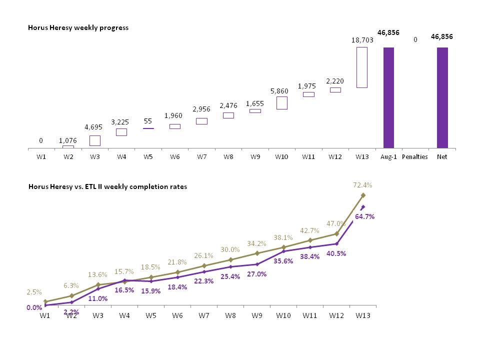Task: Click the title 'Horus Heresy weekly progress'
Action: pos(78,27)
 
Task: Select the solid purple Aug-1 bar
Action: pos(388,97)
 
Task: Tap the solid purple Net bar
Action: pos(442,97)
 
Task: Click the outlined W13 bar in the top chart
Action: pos(362,67)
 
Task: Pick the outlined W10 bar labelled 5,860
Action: pos(281,103)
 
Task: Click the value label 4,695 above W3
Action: pos(94,128)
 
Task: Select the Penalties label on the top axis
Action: pos(415,156)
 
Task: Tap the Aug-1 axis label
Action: pos(388,156)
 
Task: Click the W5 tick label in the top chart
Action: pos(148,156)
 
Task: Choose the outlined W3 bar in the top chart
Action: pos(94,140)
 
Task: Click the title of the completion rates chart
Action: pos(107,186)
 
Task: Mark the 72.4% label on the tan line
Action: pos(362,185)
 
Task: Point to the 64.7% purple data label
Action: pos(365,216)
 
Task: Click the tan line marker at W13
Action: pos(363,195)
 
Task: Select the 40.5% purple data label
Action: pos(336,253)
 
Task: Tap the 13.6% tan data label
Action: pos(97,274)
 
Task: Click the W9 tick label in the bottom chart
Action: pos(257,316)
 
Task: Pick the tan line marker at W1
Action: pos(45,301)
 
